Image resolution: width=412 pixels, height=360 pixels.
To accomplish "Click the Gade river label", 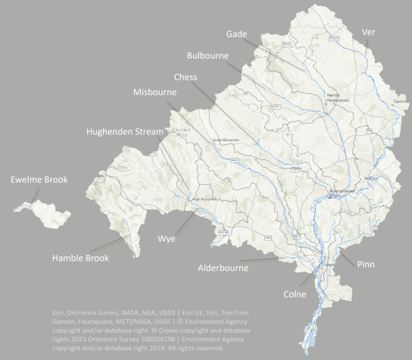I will [x=237, y=34].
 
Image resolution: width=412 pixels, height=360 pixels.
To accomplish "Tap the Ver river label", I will [x=369, y=32].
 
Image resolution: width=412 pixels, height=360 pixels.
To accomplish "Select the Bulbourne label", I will [x=208, y=55].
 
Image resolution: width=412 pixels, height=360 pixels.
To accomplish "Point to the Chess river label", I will [x=185, y=77].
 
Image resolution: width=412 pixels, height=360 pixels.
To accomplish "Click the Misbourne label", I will [x=154, y=92].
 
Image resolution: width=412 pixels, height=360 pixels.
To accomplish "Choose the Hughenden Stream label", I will [x=124, y=131].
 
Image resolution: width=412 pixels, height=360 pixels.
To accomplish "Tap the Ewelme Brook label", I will [x=39, y=179].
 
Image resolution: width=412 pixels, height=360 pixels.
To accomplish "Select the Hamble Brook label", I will [x=80, y=258].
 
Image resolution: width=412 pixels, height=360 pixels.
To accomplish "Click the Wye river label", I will [x=166, y=238].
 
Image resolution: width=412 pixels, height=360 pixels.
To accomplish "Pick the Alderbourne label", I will [x=223, y=267].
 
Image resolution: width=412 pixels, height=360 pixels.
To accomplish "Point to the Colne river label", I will [x=295, y=294].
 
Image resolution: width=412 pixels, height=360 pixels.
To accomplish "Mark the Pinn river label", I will [x=366, y=264].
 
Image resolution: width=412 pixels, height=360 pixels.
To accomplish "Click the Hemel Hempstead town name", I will [x=333, y=97].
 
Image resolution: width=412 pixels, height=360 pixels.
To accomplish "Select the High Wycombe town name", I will [x=204, y=199].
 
